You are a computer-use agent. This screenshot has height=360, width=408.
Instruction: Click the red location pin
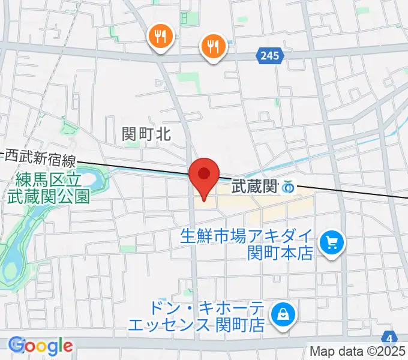[x=204, y=176]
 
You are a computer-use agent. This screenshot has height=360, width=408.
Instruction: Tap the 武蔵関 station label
[x=254, y=188]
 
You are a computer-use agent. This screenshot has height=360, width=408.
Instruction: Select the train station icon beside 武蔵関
[x=289, y=188]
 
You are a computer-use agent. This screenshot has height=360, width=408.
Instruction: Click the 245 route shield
[x=270, y=56]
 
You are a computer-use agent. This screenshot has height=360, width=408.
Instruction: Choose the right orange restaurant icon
[x=212, y=46]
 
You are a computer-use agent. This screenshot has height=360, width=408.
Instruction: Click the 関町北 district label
[x=146, y=134]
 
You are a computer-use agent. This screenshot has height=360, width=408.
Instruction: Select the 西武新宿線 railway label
[x=40, y=158]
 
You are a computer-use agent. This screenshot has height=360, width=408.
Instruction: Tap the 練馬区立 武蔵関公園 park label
[x=48, y=188]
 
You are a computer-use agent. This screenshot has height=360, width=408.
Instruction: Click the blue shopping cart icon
[x=331, y=243]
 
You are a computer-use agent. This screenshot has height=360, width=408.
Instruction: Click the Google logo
[x=41, y=346]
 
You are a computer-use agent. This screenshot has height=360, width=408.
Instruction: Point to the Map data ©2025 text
[x=358, y=352]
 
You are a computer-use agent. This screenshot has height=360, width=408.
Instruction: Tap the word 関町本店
[x=281, y=253]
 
